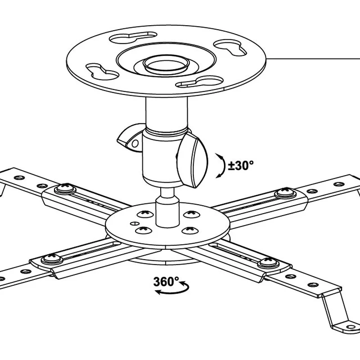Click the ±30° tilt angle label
click(x=241, y=165)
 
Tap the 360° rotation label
click(x=166, y=282)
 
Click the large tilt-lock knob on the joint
click(x=193, y=160)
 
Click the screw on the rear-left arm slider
click(x=65, y=189)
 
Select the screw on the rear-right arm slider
click(x=286, y=193)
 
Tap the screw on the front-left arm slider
click(x=52, y=259)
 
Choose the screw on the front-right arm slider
click(x=268, y=263)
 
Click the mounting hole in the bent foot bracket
click(x=351, y=327)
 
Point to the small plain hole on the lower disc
click(x=135, y=223)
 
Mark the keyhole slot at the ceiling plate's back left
click(x=133, y=37)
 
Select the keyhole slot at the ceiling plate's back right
click(x=230, y=47)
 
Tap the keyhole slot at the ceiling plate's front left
click(x=103, y=72)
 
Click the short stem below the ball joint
click(x=167, y=208)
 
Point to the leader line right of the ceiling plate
click(x=313, y=59)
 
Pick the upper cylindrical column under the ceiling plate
click(x=166, y=114)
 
